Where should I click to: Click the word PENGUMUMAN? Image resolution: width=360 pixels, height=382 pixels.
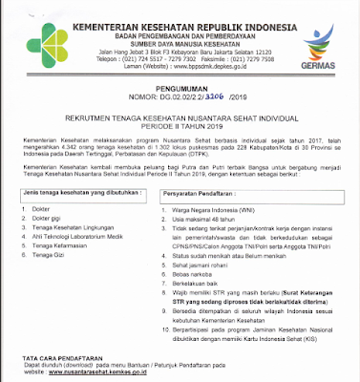coord(181,85)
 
